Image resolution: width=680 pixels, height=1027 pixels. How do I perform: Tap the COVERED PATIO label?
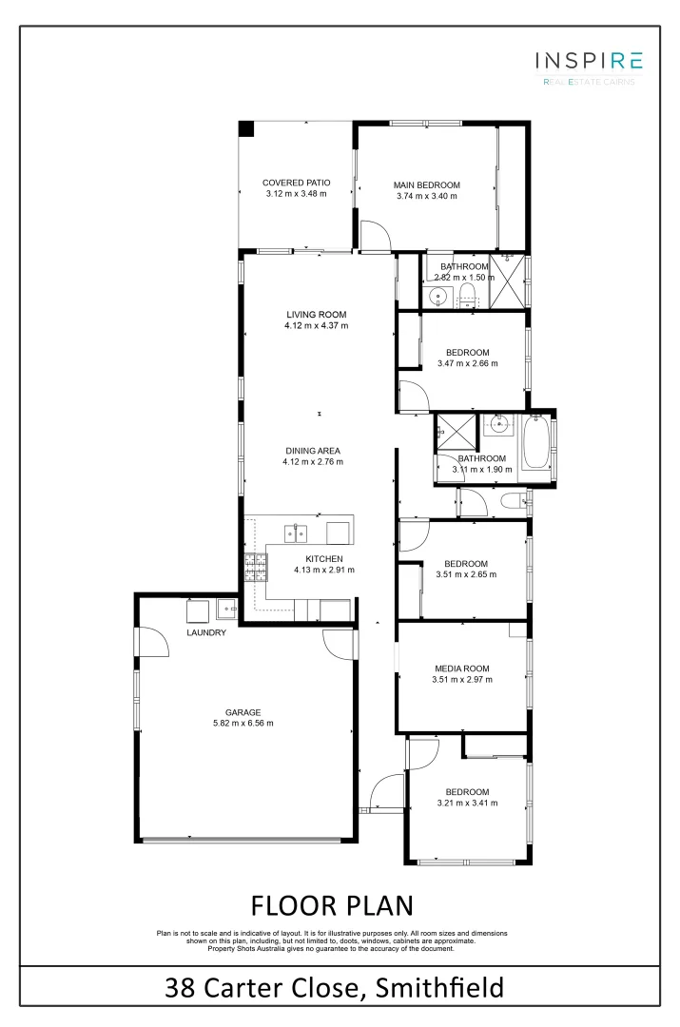[296, 182]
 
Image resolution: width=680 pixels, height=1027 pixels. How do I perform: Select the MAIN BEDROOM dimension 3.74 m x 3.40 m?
[427, 196]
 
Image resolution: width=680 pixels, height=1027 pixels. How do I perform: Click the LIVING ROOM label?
[316, 314]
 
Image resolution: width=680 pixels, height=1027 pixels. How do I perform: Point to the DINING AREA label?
[312, 451]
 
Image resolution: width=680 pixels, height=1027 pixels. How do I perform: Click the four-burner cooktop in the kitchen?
[255, 568]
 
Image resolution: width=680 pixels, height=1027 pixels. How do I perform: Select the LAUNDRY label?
[206, 632]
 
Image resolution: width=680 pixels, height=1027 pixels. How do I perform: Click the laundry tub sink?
[227, 609]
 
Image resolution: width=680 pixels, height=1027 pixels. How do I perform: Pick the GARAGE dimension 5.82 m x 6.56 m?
[243, 723]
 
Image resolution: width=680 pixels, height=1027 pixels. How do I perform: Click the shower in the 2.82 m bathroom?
[508, 282]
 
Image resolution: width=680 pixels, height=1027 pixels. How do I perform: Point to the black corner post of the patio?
[245, 128]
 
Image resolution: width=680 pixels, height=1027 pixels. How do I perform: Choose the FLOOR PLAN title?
[332, 902]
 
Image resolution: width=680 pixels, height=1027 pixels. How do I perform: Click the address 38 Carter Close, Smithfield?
[334, 988]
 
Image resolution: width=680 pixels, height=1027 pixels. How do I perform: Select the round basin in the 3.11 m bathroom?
[497, 427]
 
